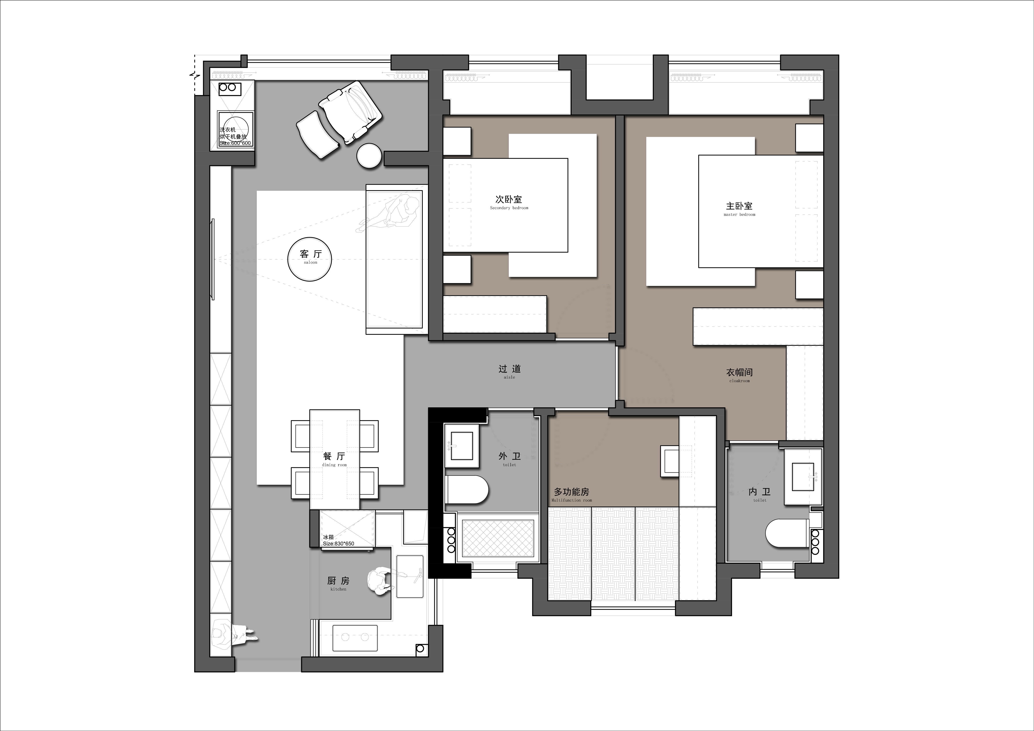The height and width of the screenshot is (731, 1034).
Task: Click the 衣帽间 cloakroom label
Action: [x=740, y=375]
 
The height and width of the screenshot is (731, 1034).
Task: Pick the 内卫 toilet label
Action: [x=760, y=494]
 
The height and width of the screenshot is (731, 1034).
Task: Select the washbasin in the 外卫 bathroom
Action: [x=462, y=446]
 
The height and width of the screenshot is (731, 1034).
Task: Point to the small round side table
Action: [x=369, y=156]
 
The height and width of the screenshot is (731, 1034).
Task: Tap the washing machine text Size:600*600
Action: [x=235, y=143]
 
